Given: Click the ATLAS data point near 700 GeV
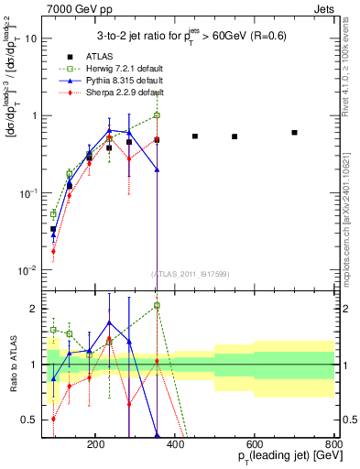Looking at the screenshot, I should pos(294,133).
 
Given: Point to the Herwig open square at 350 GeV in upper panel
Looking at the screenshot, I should pos(157,115).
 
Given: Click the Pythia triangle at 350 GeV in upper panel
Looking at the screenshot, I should pos(157,169).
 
